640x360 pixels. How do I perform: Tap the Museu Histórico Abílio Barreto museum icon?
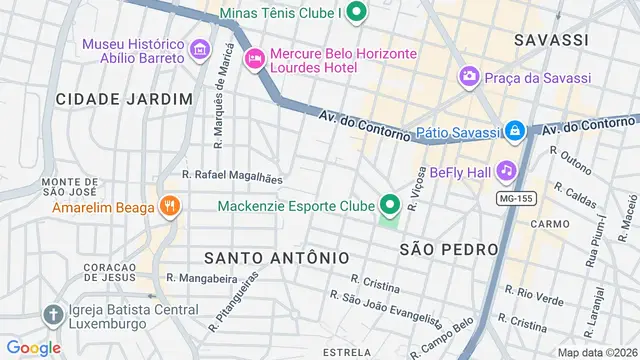(x=198, y=48)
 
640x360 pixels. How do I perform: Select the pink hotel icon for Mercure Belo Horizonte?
(x=256, y=60)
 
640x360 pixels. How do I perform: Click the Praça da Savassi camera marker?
(x=467, y=77)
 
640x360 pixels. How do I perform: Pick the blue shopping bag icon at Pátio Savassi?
(x=514, y=130)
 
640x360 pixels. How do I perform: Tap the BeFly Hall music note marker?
(x=506, y=171)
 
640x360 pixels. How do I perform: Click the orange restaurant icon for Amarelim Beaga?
(x=170, y=207)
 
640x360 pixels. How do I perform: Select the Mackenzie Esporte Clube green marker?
(x=389, y=207)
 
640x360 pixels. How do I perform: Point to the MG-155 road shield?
(x=516, y=199)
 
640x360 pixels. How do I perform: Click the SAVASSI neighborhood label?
(x=550, y=40)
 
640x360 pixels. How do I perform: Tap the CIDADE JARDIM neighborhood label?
(x=123, y=98)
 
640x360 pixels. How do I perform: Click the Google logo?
(x=33, y=347)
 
